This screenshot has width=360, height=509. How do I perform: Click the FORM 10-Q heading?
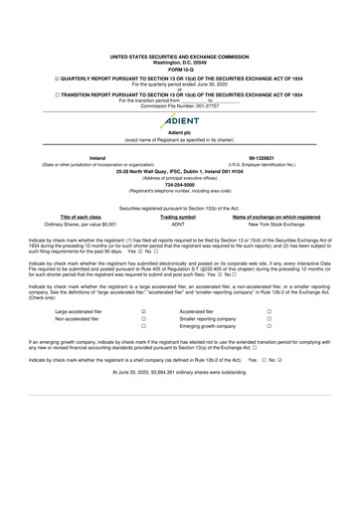[x=180, y=70]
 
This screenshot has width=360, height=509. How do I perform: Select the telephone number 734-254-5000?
[x=180, y=182]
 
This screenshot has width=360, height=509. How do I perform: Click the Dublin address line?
[x=180, y=169]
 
